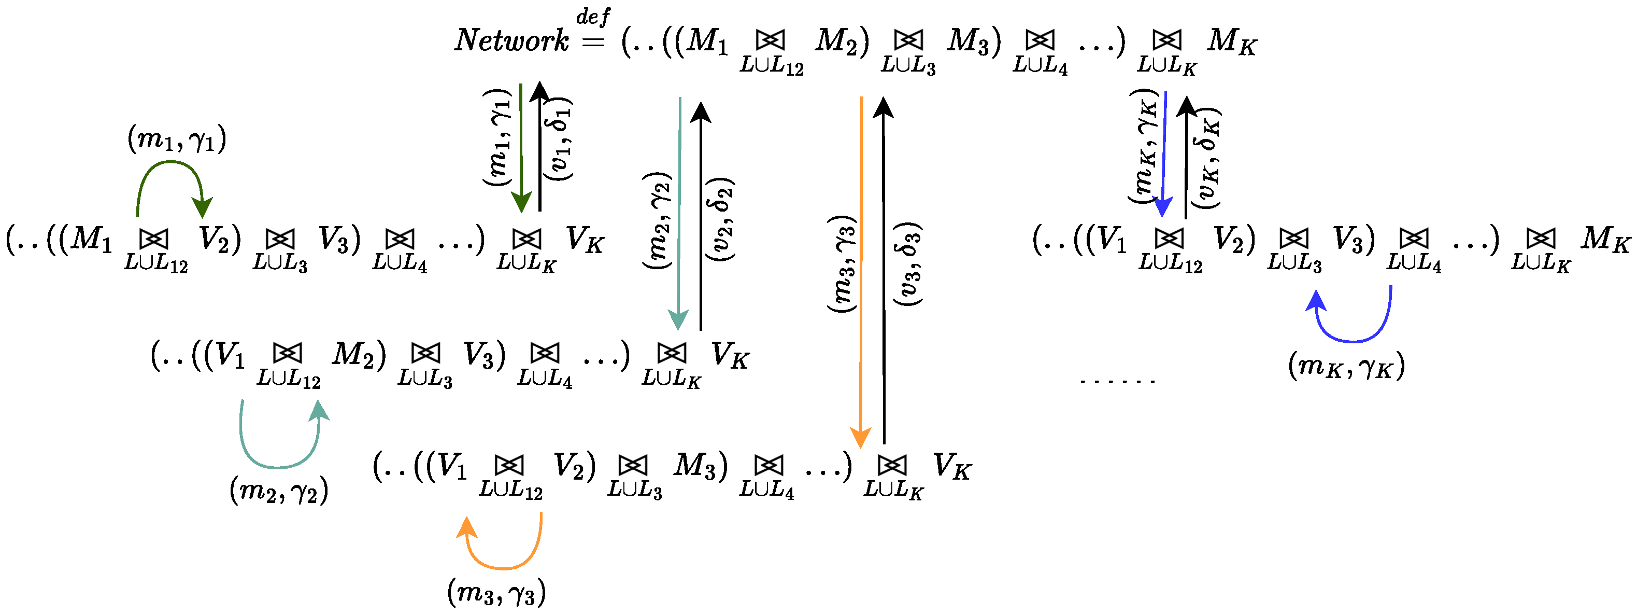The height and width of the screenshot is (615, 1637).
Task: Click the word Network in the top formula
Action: click(511, 40)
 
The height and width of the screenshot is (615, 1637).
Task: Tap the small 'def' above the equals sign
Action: click(592, 16)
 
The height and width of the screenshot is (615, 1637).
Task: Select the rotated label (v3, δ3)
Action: click(907, 264)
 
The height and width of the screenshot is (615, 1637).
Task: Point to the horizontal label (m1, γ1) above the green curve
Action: click(177, 138)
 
